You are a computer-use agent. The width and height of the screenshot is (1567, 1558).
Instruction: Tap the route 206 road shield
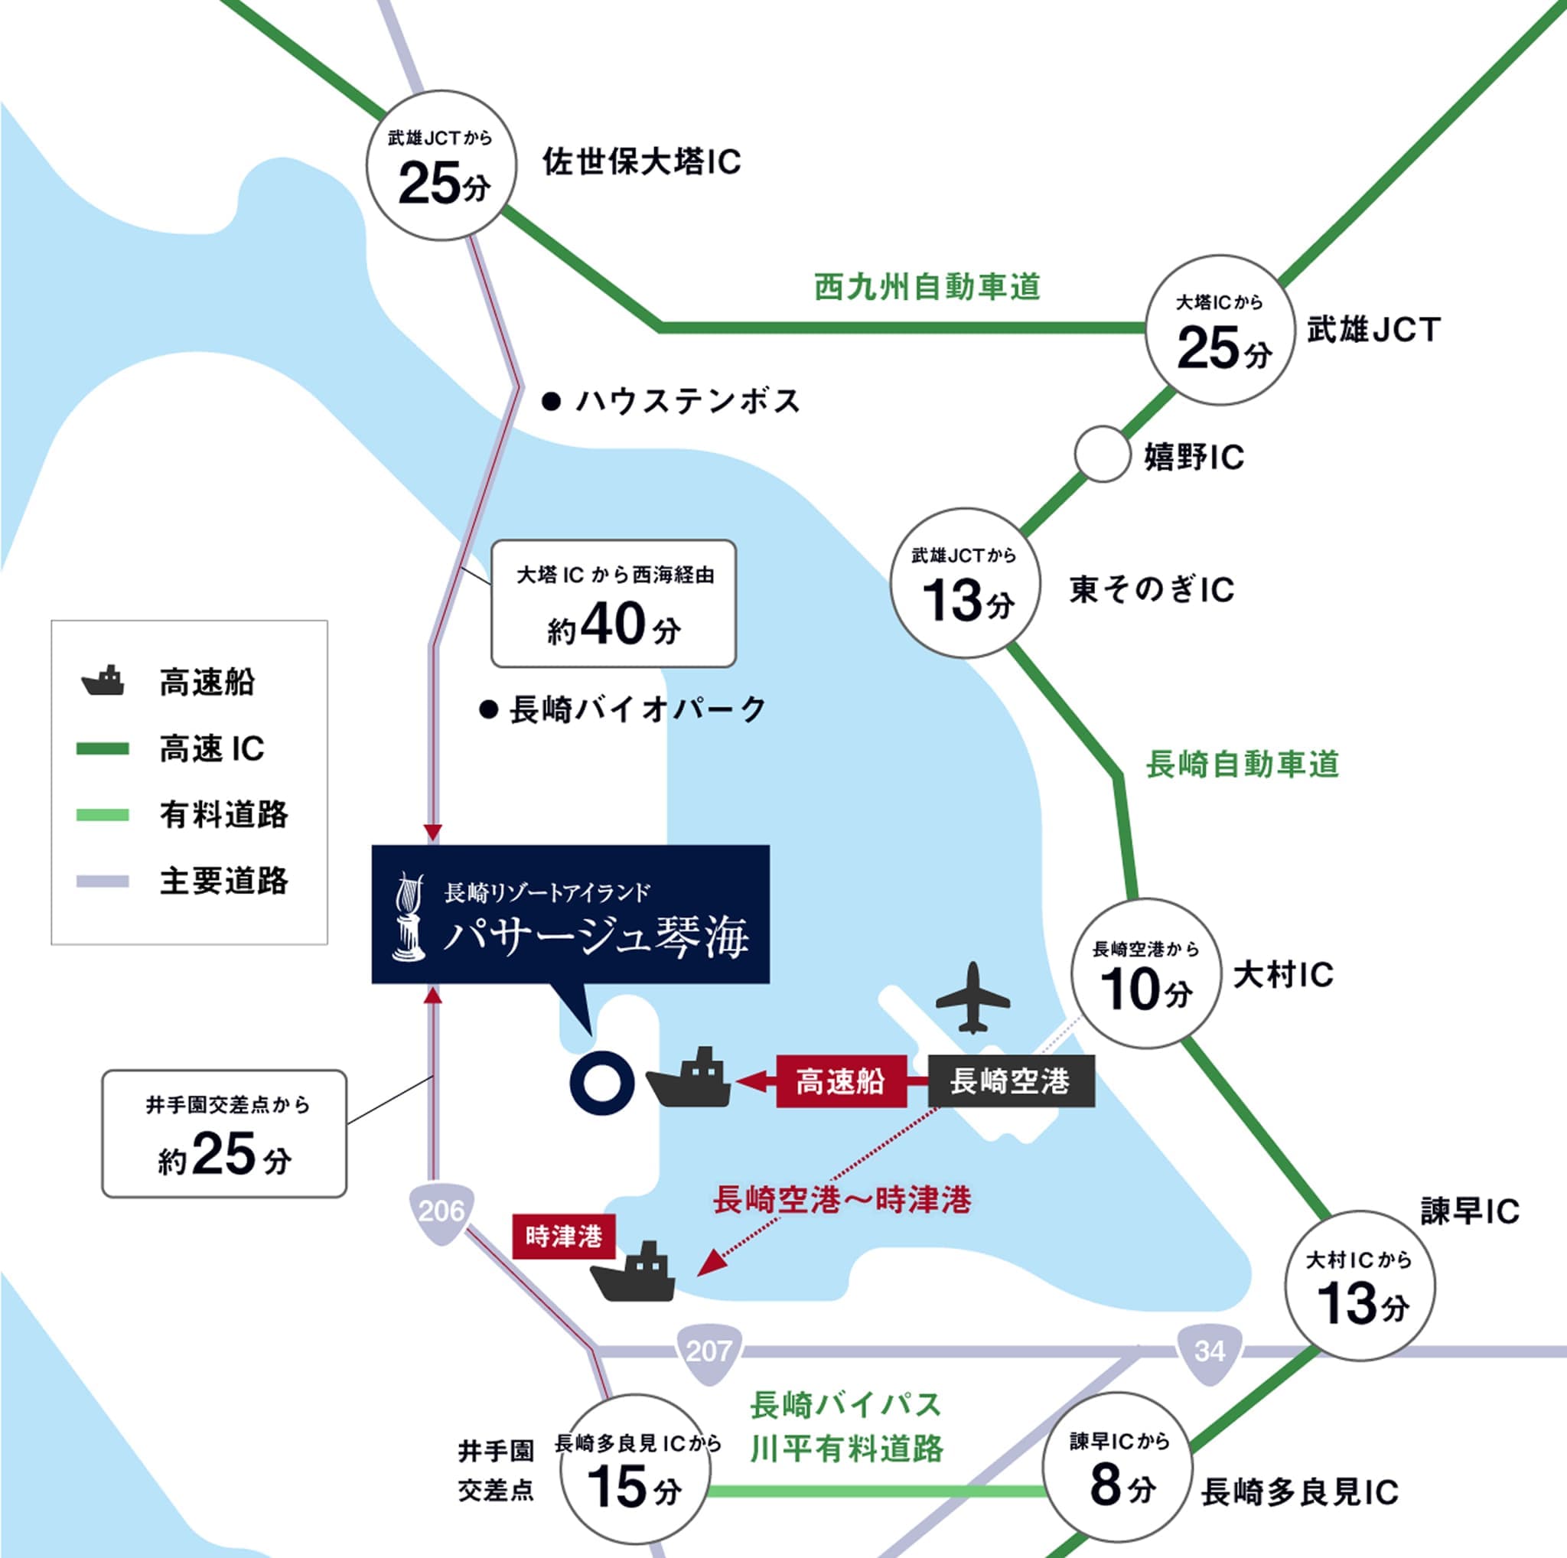click(441, 1211)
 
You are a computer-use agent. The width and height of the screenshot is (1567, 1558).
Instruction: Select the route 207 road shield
click(709, 1351)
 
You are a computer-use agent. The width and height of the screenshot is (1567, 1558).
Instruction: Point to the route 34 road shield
click(1210, 1351)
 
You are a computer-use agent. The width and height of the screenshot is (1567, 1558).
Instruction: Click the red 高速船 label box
click(840, 1081)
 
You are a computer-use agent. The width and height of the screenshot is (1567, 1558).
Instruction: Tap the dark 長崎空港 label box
click(1011, 1081)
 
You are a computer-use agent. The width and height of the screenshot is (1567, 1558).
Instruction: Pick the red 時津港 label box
click(564, 1236)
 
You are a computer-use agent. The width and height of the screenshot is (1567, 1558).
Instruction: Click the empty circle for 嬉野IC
click(1103, 455)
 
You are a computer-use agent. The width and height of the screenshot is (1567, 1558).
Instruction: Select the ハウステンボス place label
click(687, 402)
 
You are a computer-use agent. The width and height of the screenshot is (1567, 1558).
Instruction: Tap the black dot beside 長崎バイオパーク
click(487, 710)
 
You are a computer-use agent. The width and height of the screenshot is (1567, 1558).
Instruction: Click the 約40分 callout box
click(613, 605)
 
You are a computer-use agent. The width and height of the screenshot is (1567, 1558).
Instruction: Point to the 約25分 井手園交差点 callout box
click(224, 1133)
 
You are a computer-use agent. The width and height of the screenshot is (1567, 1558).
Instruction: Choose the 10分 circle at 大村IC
click(1145, 974)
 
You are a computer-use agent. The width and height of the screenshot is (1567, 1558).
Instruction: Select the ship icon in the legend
click(103, 681)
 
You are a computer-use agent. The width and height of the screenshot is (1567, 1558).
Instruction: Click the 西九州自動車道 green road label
click(927, 287)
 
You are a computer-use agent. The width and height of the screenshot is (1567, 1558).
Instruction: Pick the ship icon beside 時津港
click(634, 1271)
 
